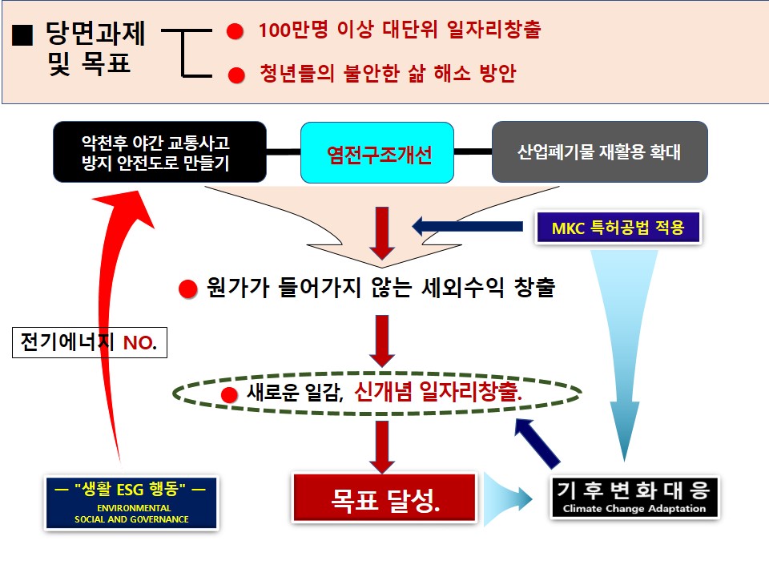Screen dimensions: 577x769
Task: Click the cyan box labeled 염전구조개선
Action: point(377,152)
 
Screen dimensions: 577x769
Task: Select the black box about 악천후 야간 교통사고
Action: point(159,152)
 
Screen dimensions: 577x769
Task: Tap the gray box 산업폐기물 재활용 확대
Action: point(599,152)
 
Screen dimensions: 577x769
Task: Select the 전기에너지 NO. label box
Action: point(91,344)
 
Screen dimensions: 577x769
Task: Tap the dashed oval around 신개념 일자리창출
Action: point(376,393)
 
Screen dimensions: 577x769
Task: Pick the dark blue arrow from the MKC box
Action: point(473,227)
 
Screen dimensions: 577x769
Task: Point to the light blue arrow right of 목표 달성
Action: point(509,499)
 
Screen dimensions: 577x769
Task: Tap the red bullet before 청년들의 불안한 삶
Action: point(235,75)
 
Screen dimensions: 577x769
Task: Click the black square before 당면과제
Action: point(23,37)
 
